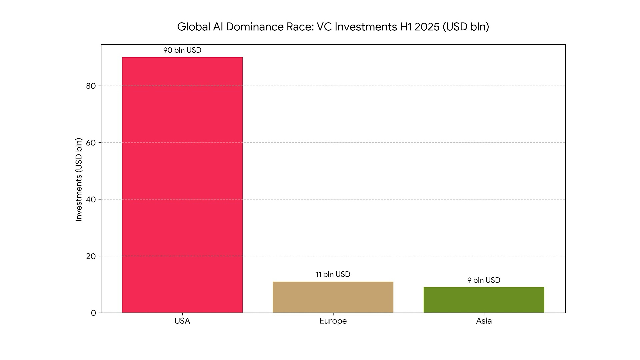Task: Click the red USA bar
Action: (x=182, y=185)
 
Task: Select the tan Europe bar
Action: (x=333, y=297)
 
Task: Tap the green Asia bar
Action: (x=484, y=300)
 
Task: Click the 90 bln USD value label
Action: (x=182, y=50)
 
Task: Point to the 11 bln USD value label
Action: (x=333, y=274)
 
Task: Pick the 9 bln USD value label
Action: (x=484, y=280)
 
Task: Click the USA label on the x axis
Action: (x=182, y=321)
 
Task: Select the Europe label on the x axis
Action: (x=333, y=321)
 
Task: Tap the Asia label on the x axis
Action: (x=484, y=321)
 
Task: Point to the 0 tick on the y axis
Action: (x=93, y=313)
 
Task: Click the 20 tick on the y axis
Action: (x=91, y=256)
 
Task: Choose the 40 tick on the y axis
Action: (x=91, y=199)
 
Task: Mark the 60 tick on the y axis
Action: (x=91, y=143)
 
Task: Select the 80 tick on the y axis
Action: (x=91, y=86)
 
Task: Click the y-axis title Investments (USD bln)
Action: (x=79, y=179)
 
